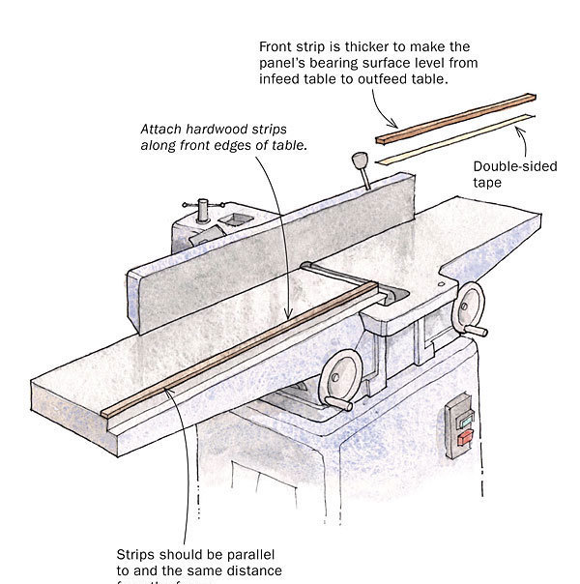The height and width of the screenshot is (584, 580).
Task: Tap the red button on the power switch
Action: click(x=465, y=437)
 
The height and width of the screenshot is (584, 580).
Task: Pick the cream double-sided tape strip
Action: click(x=454, y=137)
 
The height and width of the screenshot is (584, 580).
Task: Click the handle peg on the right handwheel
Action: click(x=499, y=320)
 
